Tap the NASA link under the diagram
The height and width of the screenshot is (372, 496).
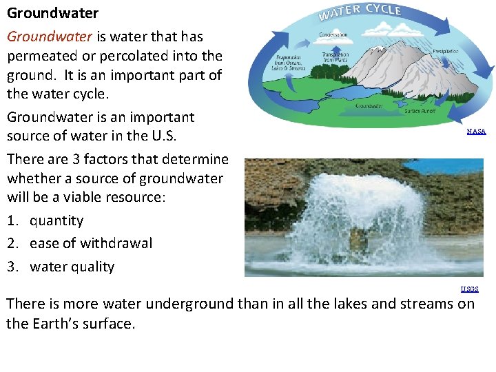tap(476, 131)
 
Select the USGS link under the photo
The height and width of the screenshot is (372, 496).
tap(470, 289)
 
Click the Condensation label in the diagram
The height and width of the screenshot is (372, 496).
tap(333, 34)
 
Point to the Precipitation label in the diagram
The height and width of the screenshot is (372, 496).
tap(446, 51)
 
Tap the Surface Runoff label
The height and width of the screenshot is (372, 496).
tap(420, 111)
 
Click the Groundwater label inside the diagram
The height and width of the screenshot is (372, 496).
tap(369, 106)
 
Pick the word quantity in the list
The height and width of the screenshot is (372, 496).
tap(56, 220)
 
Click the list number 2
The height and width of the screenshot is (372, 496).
tap(12, 243)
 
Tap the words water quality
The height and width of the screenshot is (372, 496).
tap(72, 267)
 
